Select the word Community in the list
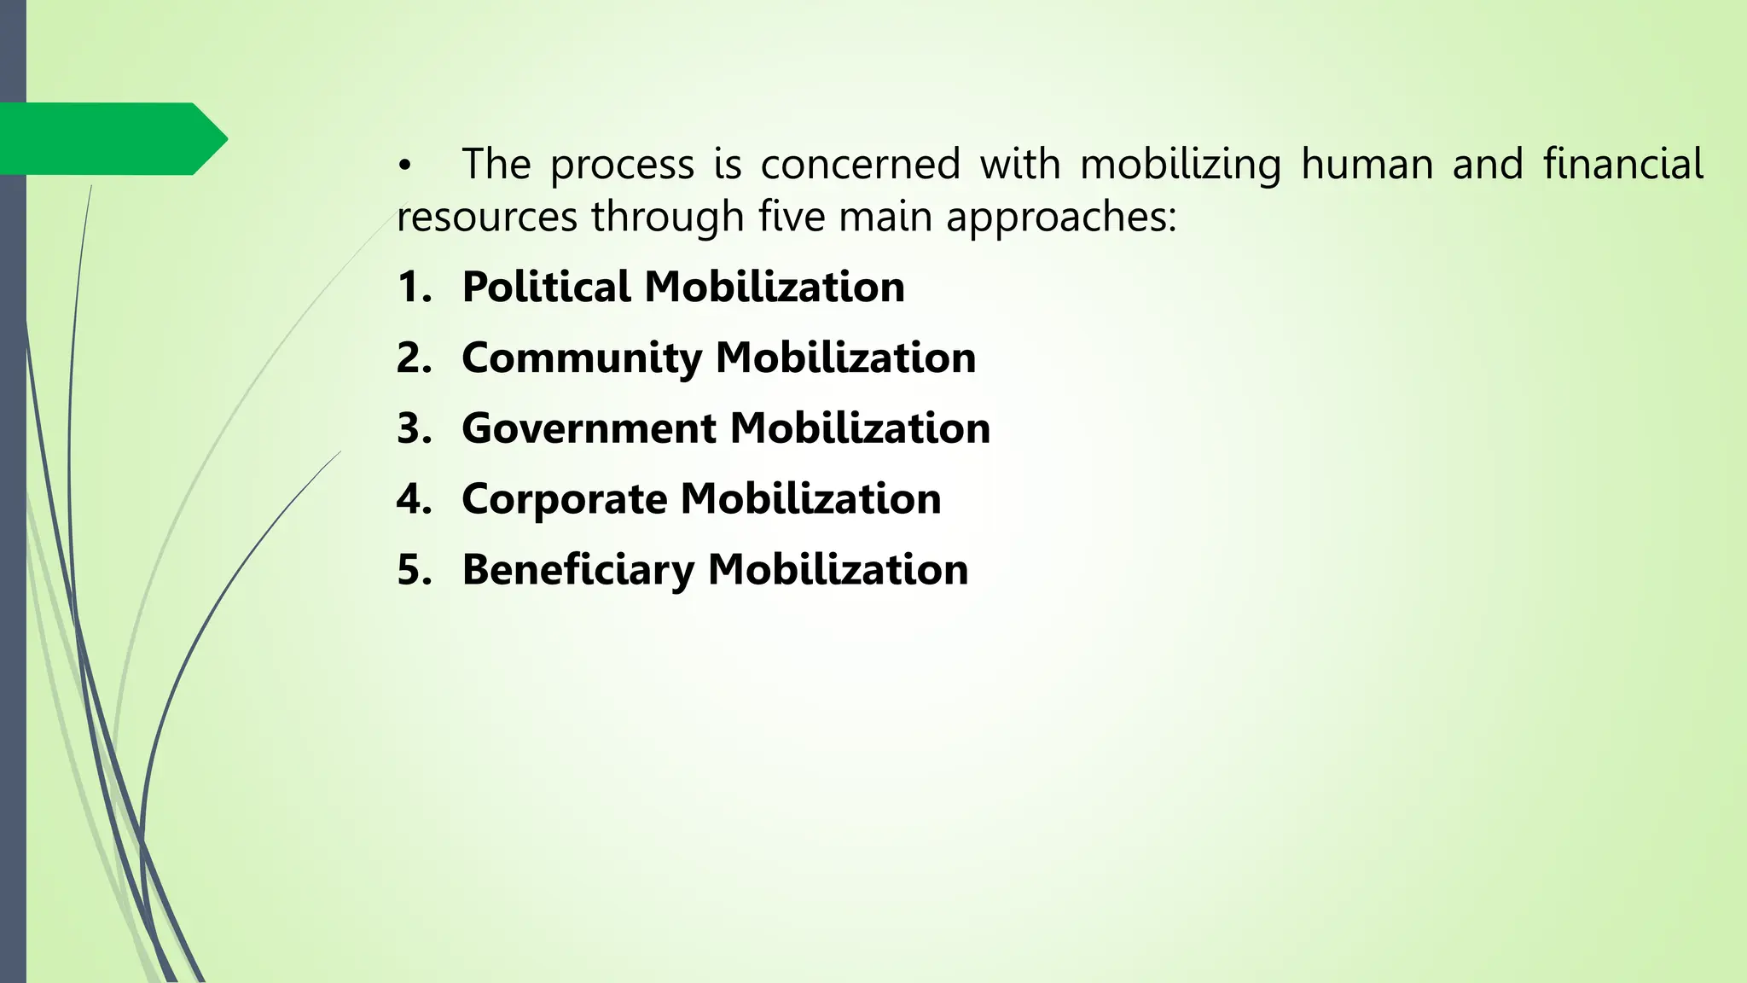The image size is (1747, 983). (x=580, y=358)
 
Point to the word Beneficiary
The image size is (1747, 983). (x=577, y=570)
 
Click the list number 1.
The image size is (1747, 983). (x=413, y=287)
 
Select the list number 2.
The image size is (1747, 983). (x=413, y=358)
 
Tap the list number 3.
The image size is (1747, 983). (x=413, y=428)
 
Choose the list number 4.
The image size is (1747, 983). (x=413, y=499)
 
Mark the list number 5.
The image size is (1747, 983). (x=413, y=570)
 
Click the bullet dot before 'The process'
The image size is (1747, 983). (x=403, y=166)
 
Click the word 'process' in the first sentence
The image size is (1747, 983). (x=622, y=166)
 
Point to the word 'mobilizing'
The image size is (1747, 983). (x=1181, y=166)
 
